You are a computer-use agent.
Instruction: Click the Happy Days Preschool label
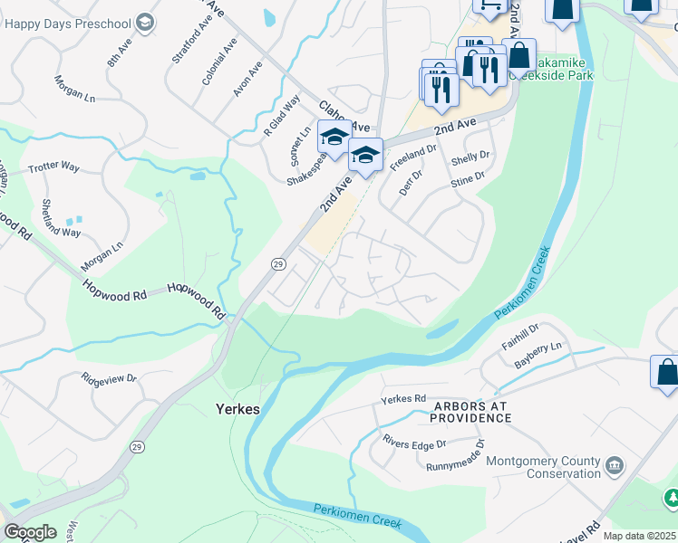[x=68, y=23]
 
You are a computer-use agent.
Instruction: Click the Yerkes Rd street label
[x=403, y=399]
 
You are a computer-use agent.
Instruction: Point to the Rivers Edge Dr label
[x=415, y=444]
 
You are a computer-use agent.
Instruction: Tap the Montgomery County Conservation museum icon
[x=615, y=466]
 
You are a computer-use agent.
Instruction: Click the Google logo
[x=30, y=532]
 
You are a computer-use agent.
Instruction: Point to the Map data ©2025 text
[x=639, y=536]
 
